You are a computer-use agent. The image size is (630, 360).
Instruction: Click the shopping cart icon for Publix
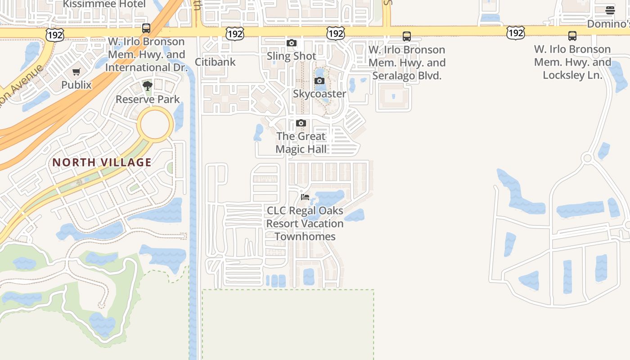click(76, 72)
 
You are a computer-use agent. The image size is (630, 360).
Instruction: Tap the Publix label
click(76, 85)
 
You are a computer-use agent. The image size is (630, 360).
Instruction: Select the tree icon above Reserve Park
click(147, 85)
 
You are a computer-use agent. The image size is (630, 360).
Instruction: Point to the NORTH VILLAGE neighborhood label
click(102, 162)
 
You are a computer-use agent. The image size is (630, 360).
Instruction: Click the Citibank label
click(215, 62)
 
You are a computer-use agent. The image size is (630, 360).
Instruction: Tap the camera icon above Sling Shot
click(292, 43)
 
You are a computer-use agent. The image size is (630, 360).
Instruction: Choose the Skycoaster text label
click(319, 94)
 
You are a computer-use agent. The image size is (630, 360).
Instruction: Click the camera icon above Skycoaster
click(319, 81)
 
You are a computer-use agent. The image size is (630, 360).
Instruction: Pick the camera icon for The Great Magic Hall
click(301, 123)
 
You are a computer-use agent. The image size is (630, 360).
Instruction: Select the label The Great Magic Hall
click(301, 143)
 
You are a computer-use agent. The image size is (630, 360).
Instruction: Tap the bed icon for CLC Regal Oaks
click(305, 197)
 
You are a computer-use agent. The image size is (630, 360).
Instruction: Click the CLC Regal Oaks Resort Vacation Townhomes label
click(305, 223)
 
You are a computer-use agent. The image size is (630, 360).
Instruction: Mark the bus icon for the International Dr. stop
click(146, 28)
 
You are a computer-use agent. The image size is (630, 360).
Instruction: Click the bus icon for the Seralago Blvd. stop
click(407, 36)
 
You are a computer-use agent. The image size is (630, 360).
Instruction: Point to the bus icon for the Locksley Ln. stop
click(572, 36)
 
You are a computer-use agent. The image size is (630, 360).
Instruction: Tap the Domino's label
click(608, 23)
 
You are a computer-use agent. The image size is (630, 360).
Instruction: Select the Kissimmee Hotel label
click(104, 4)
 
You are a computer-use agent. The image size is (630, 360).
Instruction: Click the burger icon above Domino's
click(610, 10)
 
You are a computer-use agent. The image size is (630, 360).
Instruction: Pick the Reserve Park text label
click(148, 99)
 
